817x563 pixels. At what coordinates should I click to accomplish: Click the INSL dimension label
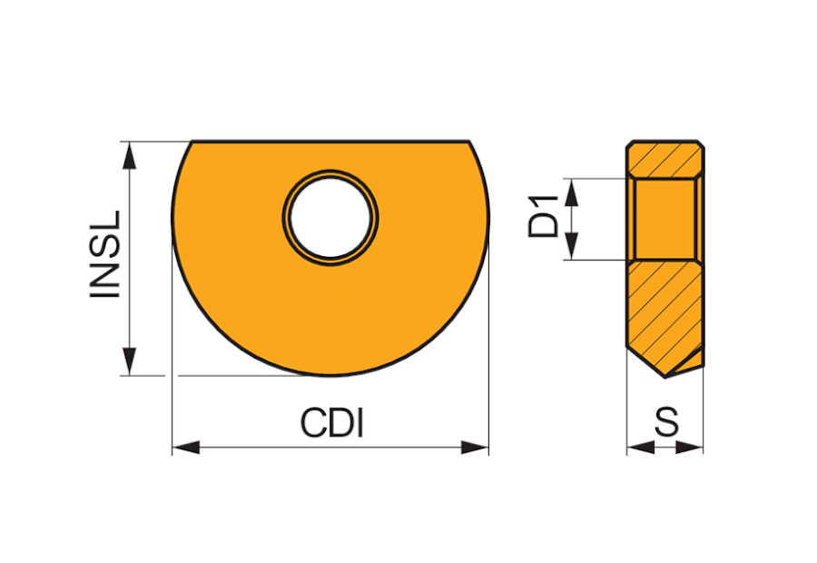pyautogui.click(x=105, y=254)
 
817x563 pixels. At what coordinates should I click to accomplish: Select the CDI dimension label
pyautogui.click(x=331, y=423)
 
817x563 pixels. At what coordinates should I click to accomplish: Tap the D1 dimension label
pyautogui.click(x=543, y=216)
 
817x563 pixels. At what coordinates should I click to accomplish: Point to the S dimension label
pyautogui.click(x=667, y=422)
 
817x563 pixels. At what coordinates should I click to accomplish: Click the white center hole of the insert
pyautogui.click(x=330, y=217)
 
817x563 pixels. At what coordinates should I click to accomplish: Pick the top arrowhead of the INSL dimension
pyautogui.click(x=129, y=154)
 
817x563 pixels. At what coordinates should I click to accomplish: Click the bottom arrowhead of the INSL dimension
pyautogui.click(x=129, y=361)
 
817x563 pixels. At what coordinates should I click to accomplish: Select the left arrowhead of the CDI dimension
pyautogui.click(x=186, y=448)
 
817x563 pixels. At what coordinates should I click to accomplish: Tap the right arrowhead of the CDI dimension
pyautogui.click(x=475, y=448)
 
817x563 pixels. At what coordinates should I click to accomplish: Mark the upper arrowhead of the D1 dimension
pyautogui.click(x=572, y=192)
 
